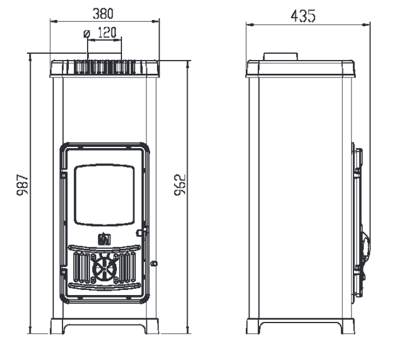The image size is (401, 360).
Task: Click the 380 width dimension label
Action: (x=103, y=14)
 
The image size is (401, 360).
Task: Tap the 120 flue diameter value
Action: (x=107, y=32)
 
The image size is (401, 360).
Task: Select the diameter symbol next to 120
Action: (x=87, y=34)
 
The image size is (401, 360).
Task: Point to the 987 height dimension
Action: (x=23, y=185)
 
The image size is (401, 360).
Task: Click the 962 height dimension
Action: (x=180, y=185)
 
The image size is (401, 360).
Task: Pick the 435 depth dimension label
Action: (x=303, y=16)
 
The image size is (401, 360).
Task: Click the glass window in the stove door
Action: (x=104, y=195)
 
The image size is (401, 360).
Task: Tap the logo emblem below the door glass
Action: (x=104, y=239)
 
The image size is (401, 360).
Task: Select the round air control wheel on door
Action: (x=104, y=269)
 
